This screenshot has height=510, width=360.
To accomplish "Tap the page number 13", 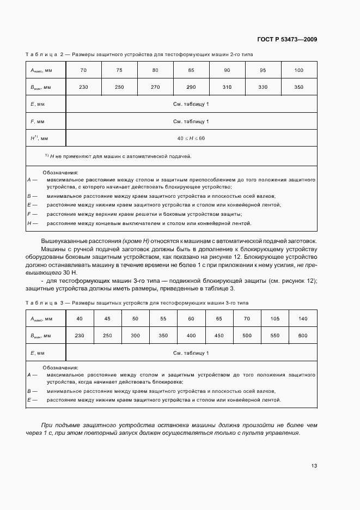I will click(x=314, y=465).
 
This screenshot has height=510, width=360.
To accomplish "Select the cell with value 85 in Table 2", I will click(x=191, y=70).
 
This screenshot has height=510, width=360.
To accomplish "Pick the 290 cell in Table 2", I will click(x=191, y=87).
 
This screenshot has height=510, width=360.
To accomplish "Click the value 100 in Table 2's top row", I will click(x=299, y=70).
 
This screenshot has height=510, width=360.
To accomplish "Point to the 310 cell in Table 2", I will click(x=227, y=87).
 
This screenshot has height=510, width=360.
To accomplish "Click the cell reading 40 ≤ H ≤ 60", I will click(x=191, y=138).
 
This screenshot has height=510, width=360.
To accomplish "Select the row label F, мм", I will click(x=38, y=121).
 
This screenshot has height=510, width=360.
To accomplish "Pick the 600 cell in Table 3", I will click(x=303, y=336).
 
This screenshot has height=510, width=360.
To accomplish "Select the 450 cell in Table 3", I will click(x=219, y=336).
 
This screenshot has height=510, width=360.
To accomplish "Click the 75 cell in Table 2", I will click(x=119, y=70).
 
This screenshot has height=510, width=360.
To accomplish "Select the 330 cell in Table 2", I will click(x=263, y=87).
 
